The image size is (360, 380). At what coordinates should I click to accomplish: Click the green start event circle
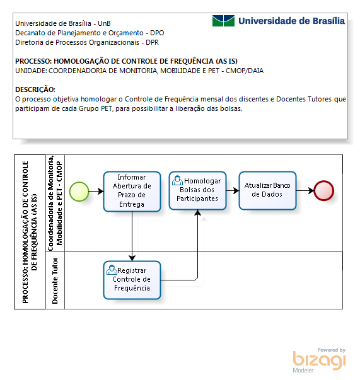(79, 191)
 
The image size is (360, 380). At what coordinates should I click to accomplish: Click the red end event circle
(323, 191)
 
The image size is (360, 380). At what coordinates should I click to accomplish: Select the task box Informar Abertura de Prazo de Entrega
(132, 191)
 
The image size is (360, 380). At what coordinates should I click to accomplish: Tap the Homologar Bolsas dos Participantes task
(197, 190)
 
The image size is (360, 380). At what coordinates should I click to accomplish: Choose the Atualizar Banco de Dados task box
(267, 190)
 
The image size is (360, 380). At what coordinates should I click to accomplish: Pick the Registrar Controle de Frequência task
(132, 280)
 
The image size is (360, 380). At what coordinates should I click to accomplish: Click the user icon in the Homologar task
(177, 181)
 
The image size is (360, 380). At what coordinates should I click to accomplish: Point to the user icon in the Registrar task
(112, 270)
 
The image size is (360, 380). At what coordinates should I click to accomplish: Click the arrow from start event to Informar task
(96, 191)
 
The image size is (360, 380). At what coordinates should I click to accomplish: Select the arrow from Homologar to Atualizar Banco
(233, 190)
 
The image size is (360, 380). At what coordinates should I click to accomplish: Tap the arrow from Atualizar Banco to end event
(305, 190)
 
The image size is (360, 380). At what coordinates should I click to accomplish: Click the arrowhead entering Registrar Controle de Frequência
(132, 258)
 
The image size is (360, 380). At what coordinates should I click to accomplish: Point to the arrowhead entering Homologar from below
(197, 213)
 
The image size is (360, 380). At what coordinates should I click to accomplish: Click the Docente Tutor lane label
(55, 280)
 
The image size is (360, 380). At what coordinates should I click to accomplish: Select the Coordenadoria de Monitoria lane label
(55, 203)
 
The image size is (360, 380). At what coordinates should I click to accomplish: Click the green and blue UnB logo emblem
(223, 21)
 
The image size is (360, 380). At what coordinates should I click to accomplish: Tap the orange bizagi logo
(319, 360)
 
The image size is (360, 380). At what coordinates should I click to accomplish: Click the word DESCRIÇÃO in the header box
(35, 89)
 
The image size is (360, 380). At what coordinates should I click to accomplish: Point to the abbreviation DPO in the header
(157, 33)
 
